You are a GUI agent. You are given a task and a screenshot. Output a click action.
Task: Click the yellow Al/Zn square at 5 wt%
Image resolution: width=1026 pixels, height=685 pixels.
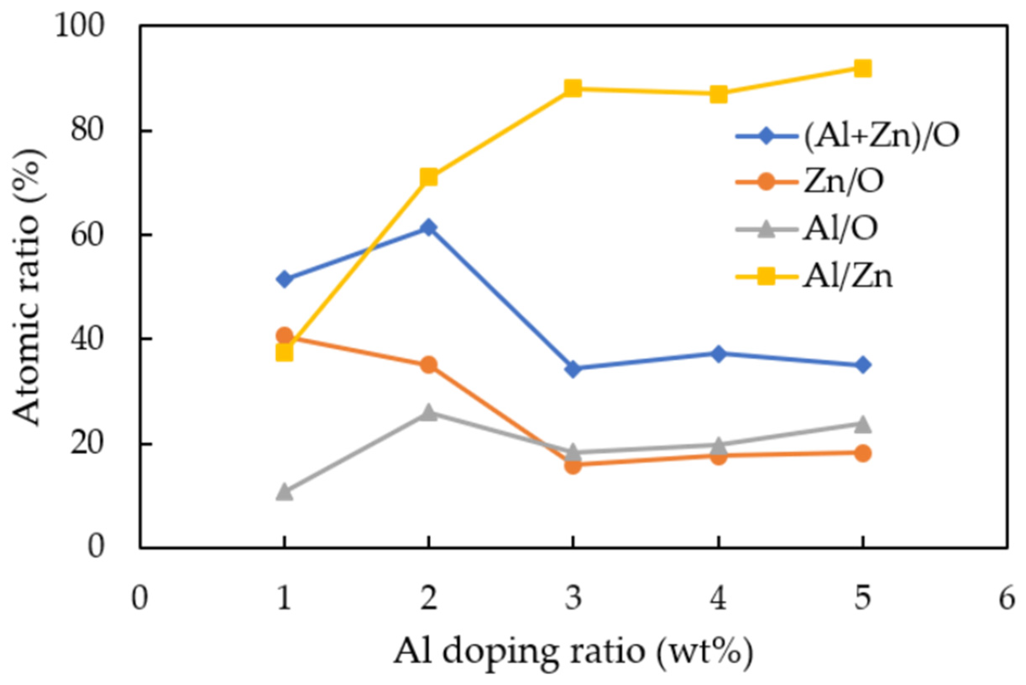(863, 69)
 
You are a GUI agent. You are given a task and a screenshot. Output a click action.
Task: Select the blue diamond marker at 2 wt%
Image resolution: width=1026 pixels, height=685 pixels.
(429, 228)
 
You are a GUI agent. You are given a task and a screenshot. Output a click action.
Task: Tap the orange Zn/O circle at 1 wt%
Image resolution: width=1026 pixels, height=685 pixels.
(284, 336)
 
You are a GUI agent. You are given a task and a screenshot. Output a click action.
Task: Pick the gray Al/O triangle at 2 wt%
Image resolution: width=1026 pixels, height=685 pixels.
(429, 412)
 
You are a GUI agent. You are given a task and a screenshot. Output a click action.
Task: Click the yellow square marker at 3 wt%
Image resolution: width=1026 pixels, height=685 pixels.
(573, 89)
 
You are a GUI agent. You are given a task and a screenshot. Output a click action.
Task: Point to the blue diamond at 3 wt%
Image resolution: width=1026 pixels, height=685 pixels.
(573, 369)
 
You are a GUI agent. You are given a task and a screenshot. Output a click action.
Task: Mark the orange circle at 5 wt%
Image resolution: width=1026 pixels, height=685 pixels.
(863, 453)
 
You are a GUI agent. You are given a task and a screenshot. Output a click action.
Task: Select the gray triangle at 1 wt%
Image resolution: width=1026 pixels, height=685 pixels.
(284, 492)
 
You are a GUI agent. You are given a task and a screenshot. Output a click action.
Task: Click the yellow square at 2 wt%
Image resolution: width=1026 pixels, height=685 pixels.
(429, 177)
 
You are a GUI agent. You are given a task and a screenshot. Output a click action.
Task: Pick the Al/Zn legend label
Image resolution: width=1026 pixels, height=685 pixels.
(847, 276)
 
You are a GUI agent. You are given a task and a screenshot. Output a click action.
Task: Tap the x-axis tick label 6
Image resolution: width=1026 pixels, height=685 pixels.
(1007, 599)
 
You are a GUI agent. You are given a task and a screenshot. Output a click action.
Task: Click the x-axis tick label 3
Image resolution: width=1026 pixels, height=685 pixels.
(573, 599)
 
